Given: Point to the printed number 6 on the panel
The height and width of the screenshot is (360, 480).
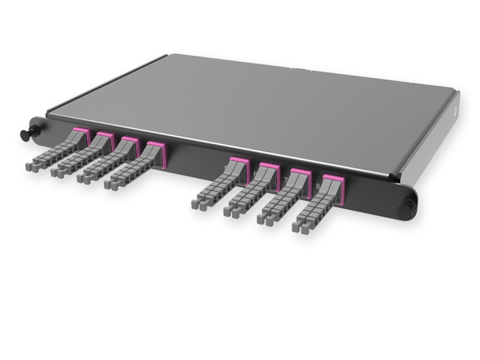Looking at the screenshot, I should pos(255,174).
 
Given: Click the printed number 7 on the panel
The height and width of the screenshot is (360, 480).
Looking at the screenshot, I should pos(285,180).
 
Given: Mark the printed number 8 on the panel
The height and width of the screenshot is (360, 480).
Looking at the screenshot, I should pos(317,187).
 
